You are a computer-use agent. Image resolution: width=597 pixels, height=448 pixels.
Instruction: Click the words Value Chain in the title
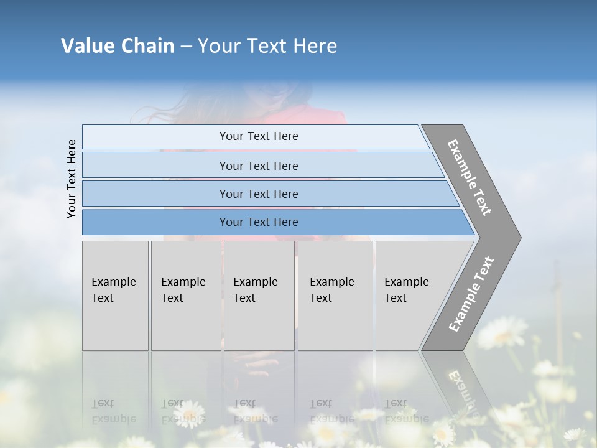pyautogui.click(x=118, y=45)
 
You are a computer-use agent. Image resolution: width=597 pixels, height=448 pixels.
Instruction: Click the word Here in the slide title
pyautogui.click(x=315, y=45)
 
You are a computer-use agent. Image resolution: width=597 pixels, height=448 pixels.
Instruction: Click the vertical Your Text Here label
pyautogui.click(x=72, y=179)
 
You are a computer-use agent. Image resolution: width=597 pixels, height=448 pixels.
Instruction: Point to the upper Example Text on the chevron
pyautogui.click(x=470, y=177)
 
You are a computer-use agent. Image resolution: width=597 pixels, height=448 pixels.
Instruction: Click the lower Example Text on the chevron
pyautogui.click(x=471, y=294)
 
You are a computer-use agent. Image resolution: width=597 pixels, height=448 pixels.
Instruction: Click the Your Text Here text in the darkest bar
pyautogui.click(x=259, y=222)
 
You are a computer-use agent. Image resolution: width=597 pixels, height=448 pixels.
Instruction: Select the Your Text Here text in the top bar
pyautogui.click(x=259, y=136)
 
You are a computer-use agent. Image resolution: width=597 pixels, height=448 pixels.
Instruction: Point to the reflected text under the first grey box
pyautogui.click(x=113, y=411)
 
